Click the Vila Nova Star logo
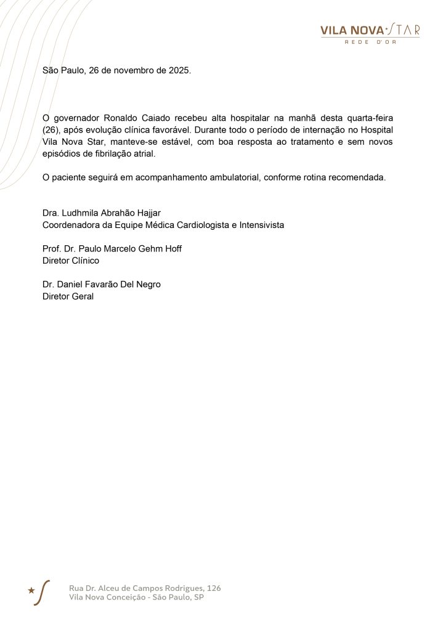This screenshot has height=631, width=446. tap(370, 31)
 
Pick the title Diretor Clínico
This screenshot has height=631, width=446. tap(71, 261)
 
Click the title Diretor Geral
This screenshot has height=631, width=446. tap(68, 296)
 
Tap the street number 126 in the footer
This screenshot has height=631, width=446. tap(214, 588)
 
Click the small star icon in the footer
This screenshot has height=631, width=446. tap(31, 590)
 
